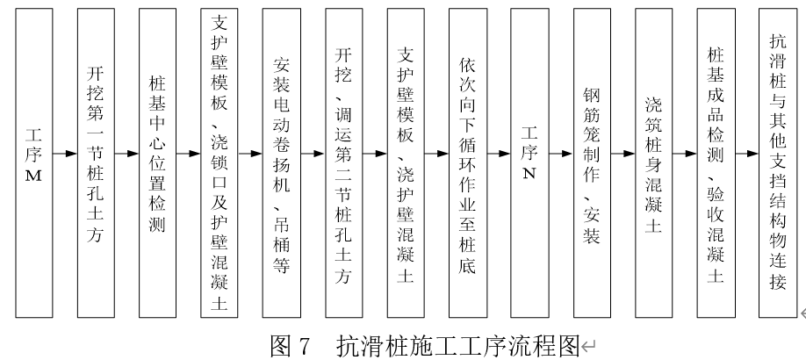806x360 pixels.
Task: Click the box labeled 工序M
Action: click(x=34, y=163)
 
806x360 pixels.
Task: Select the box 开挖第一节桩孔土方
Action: click(x=96, y=163)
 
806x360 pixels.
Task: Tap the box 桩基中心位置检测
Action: click(x=157, y=163)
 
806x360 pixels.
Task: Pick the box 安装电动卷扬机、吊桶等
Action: click(x=281, y=163)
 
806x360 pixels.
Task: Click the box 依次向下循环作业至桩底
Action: click(x=468, y=163)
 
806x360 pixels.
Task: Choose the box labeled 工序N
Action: click(x=529, y=163)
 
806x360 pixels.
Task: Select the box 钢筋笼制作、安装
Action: click(x=592, y=163)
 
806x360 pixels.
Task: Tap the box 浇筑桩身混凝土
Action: click(x=654, y=163)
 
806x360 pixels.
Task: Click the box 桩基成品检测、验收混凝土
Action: click(x=716, y=163)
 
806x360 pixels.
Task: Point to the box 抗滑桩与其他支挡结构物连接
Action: click(x=778, y=163)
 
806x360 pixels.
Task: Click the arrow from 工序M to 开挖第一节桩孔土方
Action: click(x=65, y=154)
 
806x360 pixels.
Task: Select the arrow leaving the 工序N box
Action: click(x=561, y=154)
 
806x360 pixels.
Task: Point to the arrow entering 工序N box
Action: click(x=499, y=154)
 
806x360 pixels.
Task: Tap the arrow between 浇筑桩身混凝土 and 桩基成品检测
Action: click(x=685, y=154)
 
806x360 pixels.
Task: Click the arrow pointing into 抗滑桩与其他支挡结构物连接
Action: click(x=747, y=154)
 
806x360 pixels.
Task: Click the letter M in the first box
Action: click(x=34, y=176)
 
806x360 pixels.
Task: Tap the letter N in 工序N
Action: click(x=529, y=173)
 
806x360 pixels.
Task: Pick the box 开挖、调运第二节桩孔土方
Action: click(x=344, y=163)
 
